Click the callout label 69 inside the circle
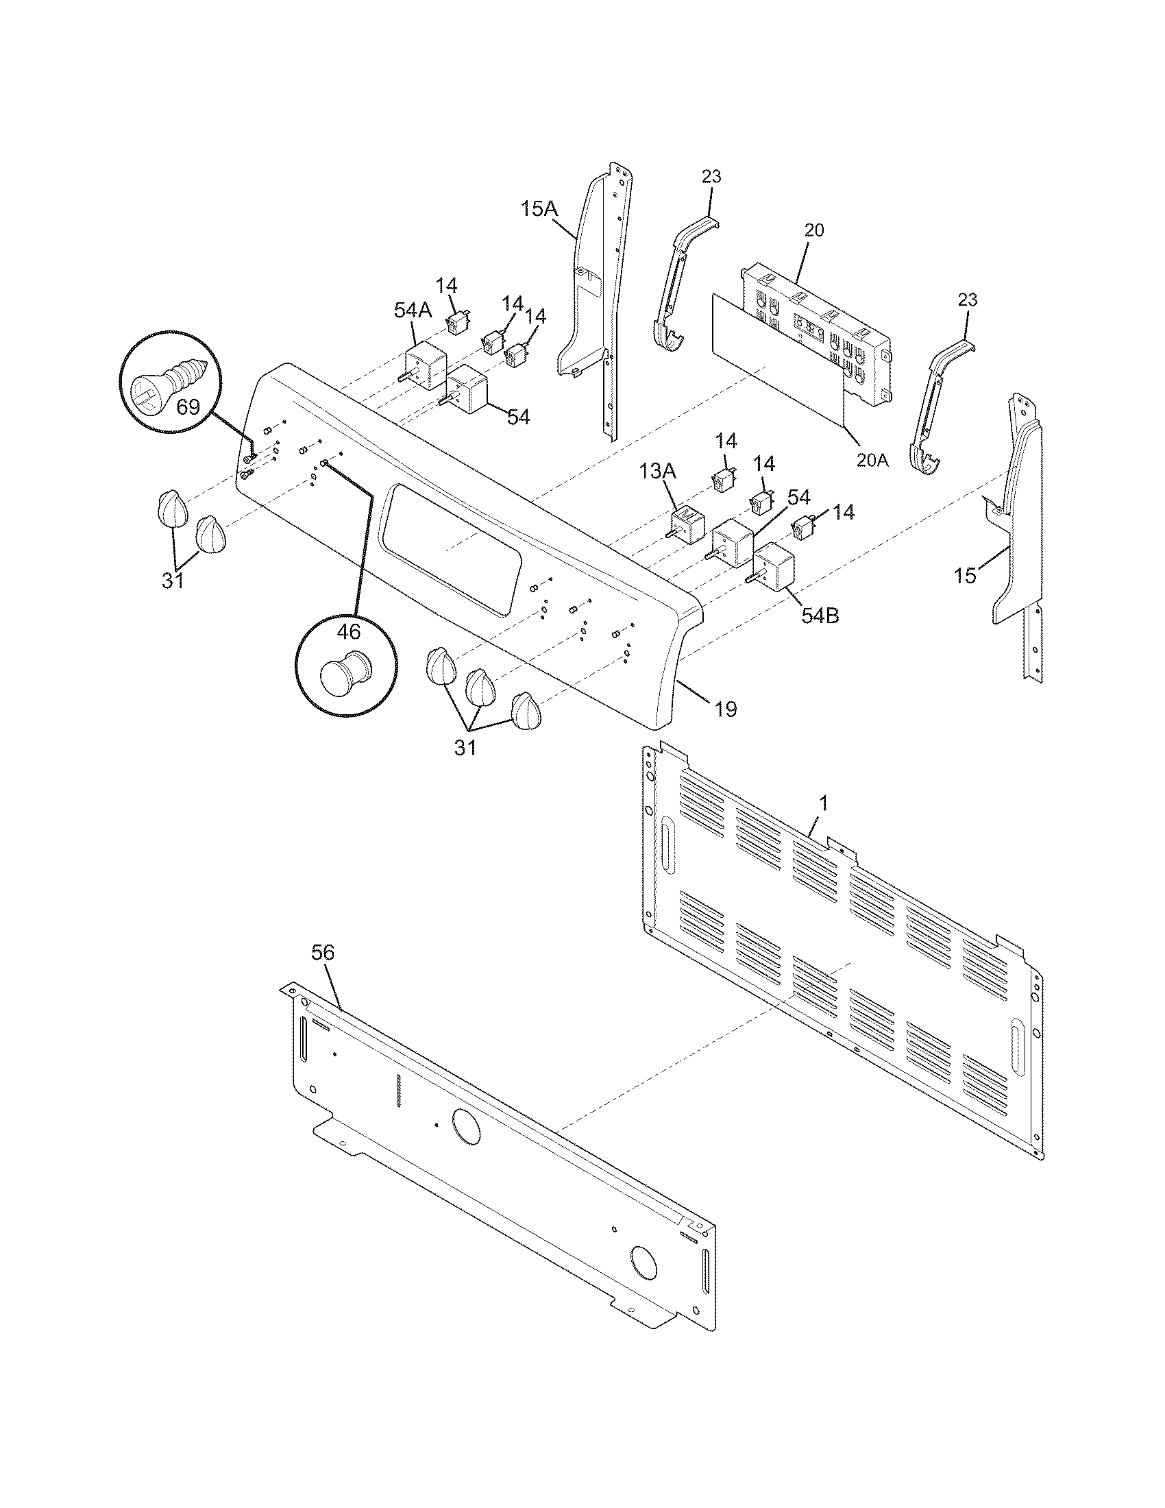188,406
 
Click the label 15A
539,208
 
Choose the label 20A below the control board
872,459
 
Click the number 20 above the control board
814,230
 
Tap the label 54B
820,616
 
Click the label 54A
413,310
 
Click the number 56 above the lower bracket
322,953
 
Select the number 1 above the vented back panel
822,803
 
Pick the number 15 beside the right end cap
966,574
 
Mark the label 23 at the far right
968,300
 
